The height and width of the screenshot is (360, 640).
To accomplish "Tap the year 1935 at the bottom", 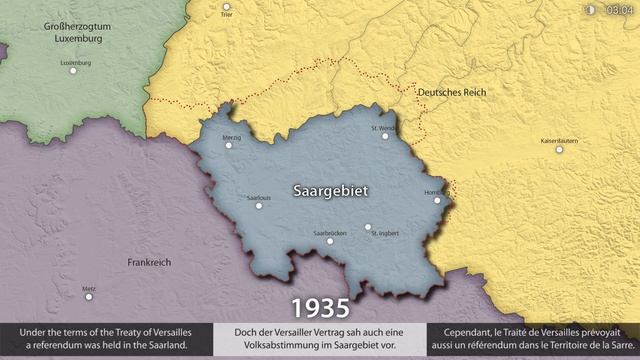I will (320, 306).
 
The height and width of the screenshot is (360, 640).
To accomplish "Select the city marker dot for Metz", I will (89, 296).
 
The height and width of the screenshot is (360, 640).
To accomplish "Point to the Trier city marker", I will (226, 7).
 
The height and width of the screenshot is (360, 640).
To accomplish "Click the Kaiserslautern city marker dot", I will (559, 150).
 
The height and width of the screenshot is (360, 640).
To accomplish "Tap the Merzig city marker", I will (229, 145).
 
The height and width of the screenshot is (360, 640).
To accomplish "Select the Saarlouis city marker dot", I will (259, 206).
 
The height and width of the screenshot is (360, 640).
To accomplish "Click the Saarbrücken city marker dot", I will (330, 241).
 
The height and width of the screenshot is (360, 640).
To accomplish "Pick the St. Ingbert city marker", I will (368, 226).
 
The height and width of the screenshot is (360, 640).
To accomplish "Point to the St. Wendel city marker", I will (385, 136).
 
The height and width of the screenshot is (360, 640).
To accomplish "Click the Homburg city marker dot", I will (437, 200).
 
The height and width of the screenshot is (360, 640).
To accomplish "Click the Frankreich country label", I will (149, 262).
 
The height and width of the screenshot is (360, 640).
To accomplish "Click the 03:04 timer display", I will (619, 10).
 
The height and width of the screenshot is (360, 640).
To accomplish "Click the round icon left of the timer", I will (590, 10).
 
